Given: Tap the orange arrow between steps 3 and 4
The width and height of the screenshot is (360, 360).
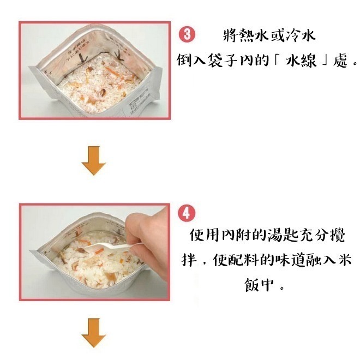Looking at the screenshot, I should coord(93,160).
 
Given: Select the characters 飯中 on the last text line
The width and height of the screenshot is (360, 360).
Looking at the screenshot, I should coord(262,285).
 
